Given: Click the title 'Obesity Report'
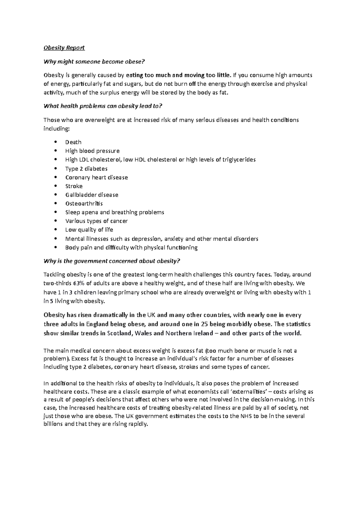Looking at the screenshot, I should (64, 48).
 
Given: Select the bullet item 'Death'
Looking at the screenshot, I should (73, 142).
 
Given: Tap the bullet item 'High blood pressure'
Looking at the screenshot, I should (92, 151).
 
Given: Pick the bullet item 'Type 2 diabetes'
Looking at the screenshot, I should (86, 168).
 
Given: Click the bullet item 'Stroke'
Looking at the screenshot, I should (74, 186).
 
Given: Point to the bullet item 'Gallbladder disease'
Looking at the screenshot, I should (92, 195).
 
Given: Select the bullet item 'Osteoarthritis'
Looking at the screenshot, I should (84, 204).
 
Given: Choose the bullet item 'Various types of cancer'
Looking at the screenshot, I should (96, 221).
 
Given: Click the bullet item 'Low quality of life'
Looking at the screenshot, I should (89, 230).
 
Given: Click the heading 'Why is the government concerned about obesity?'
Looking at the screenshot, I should (112, 261).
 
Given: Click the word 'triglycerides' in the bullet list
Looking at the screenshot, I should (239, 159).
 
